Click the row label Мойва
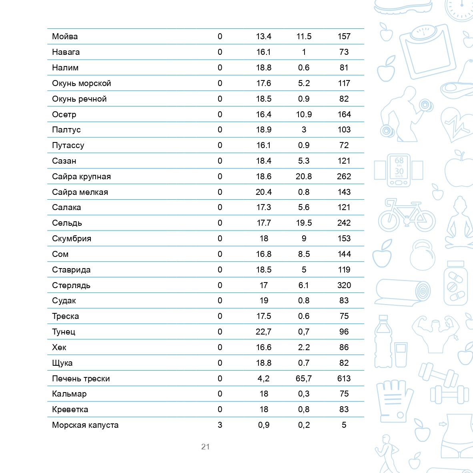point(65,36)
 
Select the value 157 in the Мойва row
point(344,36)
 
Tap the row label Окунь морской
point(82,83)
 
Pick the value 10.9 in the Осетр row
point(304,114)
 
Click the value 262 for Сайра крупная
point(344,176)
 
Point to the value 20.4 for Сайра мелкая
point(264,192)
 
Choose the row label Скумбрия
point(72,239)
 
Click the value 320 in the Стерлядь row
point(344,285)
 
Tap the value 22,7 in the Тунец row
point(264,332)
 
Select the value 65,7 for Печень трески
point(304,379)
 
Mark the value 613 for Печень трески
point(344,379)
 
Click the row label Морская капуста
point(85,425)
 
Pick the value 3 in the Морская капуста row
point(220,425)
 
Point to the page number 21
point(205,447)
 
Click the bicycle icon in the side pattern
point(407,215)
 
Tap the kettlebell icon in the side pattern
point(422,255)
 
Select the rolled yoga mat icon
point(403,292)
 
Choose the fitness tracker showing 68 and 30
point(399,170)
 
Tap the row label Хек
point(59,347)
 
